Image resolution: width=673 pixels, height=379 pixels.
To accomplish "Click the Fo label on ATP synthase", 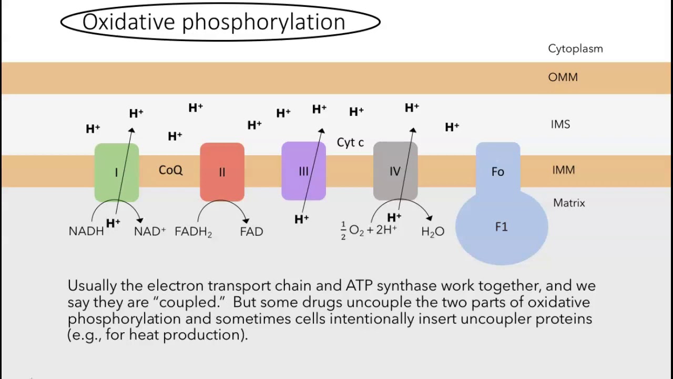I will click(x=497, y=172).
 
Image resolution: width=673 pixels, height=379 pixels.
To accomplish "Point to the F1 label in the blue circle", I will click(x=501, y=227).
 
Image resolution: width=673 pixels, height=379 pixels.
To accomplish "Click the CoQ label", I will click(x=170, y=170).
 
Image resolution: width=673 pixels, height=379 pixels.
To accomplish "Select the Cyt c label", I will click(x=350, y=143).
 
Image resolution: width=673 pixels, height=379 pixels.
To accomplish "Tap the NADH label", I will click(x=86, y=232).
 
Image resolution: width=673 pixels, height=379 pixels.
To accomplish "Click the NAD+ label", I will click(x=150, y=232).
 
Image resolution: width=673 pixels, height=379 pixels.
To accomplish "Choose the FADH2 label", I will click(x=193, y=232).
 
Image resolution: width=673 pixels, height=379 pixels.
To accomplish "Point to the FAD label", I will click(x=251, y=232).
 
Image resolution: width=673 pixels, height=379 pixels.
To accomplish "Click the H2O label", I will click(x=433, y=232).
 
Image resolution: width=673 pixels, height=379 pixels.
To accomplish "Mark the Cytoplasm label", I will click(x=575, y=49).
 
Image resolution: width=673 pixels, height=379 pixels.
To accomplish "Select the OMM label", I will click(x=563, y=77).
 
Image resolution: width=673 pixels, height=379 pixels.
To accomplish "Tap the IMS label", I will click(x=560, y=124).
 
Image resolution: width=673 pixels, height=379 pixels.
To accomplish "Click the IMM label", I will click(x=563, y=170).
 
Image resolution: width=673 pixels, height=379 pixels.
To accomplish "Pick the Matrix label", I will click(x=569, y=203).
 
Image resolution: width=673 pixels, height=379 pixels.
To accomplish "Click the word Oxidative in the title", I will click(x=128, y=22).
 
